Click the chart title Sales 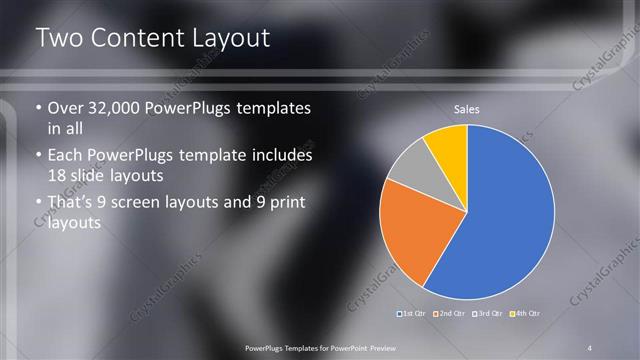coord(466,108)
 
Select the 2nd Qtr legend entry coord(451,314)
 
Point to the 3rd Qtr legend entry coord(488,314)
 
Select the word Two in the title coord(59,39)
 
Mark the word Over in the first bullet coord(66,108)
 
